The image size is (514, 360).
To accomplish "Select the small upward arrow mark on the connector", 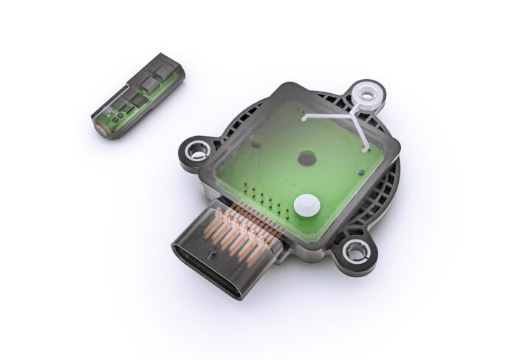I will (213, 258).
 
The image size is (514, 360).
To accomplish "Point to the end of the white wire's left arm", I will (305, 116).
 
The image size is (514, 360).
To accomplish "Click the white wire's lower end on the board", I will (367, 147).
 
